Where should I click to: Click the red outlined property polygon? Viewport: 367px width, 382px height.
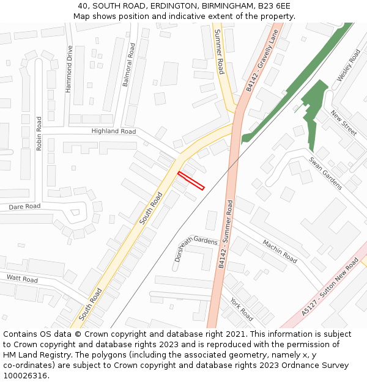coord(191,181)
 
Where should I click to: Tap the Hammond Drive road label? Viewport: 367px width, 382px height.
coord(69,69)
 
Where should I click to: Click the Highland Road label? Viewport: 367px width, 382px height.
coord(113,131)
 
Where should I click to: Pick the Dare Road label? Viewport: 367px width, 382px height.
coord(24,207)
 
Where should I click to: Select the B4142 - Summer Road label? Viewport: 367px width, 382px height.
coord(226,234)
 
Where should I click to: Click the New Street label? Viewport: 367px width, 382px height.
coord(343,123)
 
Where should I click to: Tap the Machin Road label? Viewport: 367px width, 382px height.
coord(280,251)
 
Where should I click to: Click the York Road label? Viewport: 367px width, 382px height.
coord(242,309)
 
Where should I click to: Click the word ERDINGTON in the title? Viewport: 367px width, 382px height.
coord(157,6)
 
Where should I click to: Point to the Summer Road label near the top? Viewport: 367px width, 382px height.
coord(218,51)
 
